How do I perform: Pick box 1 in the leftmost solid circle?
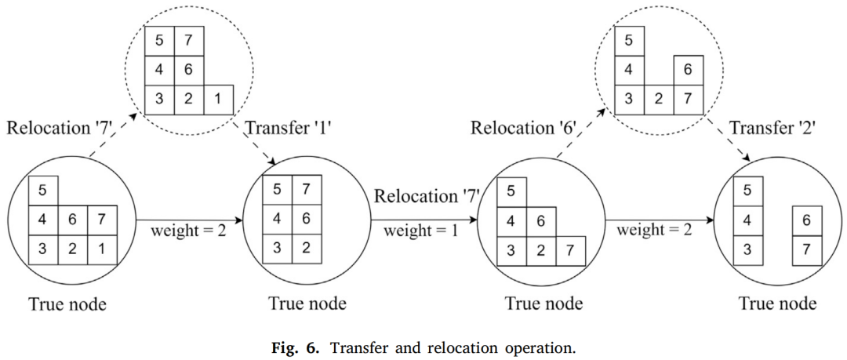point(102,249)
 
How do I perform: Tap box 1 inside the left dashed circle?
point(218,100)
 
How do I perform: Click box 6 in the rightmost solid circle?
point(807,220)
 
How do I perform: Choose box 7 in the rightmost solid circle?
point(807,249)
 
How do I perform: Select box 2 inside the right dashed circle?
point(659,100)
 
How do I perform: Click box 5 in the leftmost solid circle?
point(43,191)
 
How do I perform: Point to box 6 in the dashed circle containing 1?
point(189,71)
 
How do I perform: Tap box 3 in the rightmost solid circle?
point(747,249)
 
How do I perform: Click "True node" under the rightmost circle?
point(777,304)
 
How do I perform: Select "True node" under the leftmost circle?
point(68,304)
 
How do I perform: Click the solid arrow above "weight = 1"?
point(424,220)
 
